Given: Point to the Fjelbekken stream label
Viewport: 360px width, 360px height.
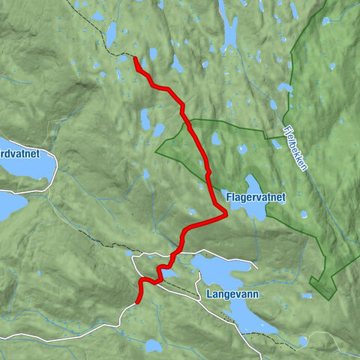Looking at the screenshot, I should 295,146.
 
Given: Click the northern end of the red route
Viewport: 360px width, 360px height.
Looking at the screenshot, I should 135,58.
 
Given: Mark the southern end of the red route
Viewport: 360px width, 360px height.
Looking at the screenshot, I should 136,303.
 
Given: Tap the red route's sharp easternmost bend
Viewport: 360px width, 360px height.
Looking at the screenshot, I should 225,215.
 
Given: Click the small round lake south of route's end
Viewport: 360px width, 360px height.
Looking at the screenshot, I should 153,346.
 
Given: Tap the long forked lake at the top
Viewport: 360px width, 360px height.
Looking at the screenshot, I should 228,22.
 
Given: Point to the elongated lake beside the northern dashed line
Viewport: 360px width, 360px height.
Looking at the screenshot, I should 112,33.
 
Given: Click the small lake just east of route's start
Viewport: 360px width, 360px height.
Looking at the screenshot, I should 153,54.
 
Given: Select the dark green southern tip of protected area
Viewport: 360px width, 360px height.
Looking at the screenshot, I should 315,283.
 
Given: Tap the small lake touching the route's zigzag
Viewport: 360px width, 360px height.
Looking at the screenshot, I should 166,271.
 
